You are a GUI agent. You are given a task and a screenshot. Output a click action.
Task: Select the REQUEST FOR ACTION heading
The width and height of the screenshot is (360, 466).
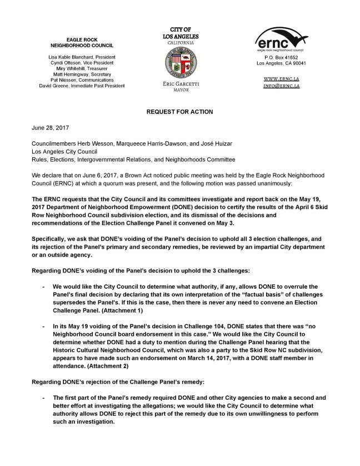click(x=179, y=112)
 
